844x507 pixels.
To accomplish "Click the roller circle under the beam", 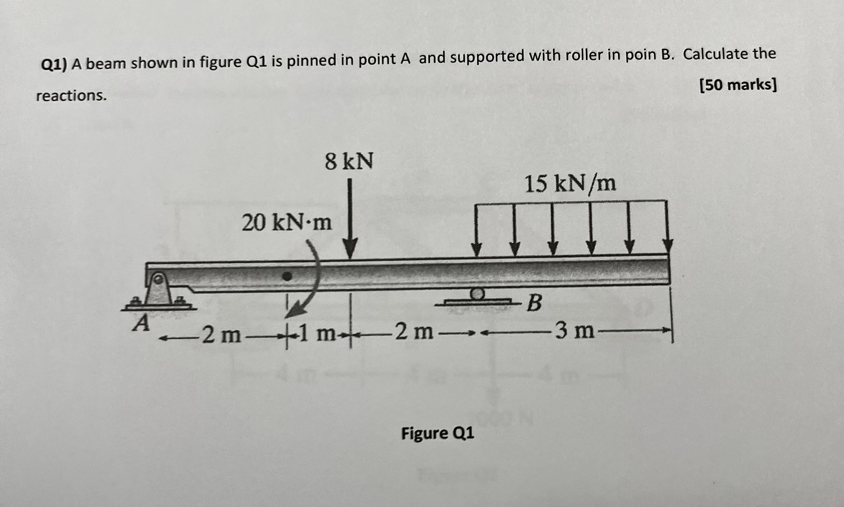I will click(477, 293).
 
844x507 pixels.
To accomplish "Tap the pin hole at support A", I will click(158, 279).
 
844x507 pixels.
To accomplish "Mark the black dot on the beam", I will click(287, 276).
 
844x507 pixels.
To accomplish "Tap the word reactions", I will click(71, 96).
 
